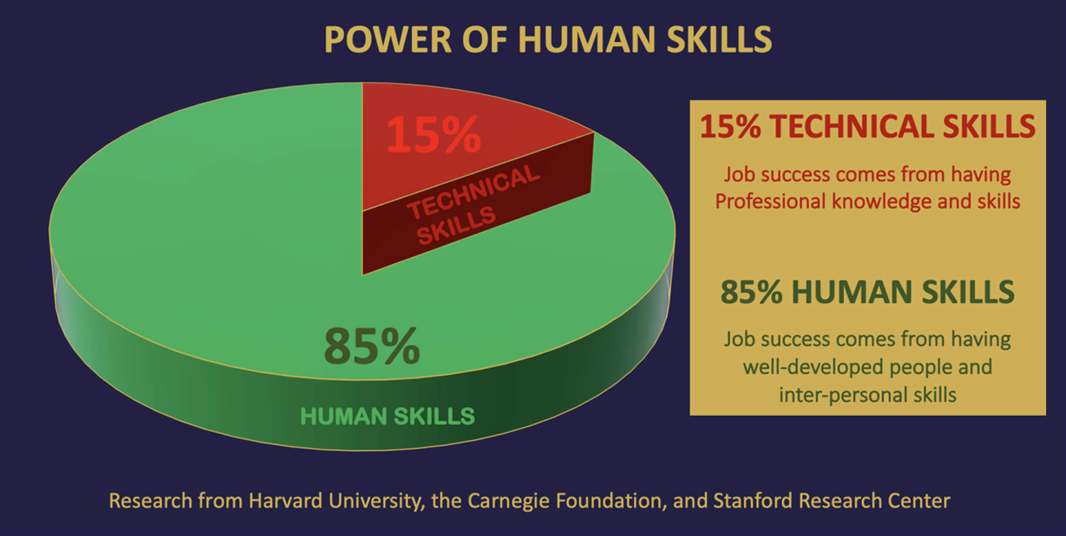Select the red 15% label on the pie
433,135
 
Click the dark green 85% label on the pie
372,346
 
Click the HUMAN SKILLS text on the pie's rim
387,416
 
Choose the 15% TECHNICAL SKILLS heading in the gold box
868,126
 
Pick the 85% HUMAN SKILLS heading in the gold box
868,291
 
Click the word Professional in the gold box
770,201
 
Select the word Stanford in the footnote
753,501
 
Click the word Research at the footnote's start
150,501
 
